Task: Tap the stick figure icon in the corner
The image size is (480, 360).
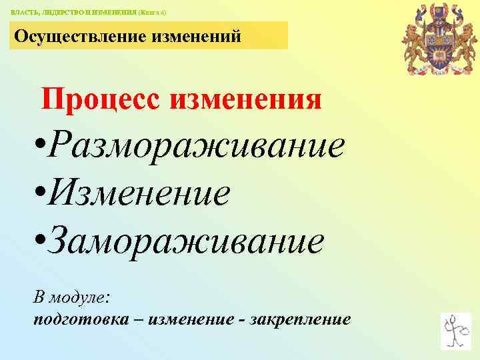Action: tap(456, 330)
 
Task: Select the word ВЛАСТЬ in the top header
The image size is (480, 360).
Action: tap(24, 13)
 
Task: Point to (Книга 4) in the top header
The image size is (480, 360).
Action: tap(152, 13)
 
